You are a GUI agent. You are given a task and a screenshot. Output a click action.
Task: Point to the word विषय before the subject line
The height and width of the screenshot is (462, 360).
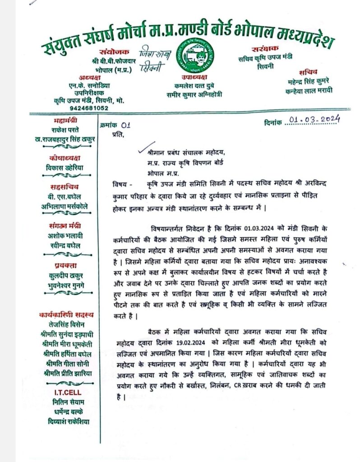click(x=120, y=185)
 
